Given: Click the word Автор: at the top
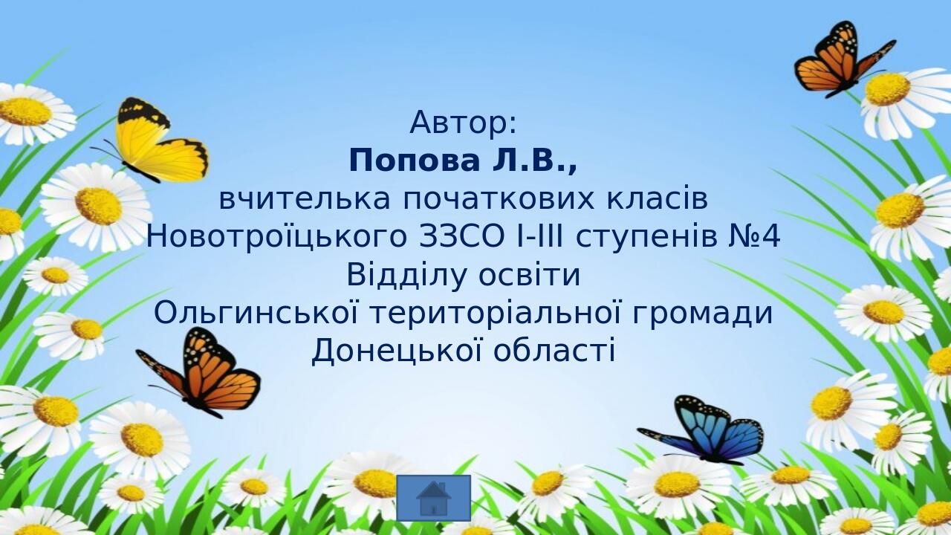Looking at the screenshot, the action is [x=463, y=123].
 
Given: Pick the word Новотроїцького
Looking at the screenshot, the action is [x=276, y=237].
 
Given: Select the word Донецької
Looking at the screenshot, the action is [x=397, y=351].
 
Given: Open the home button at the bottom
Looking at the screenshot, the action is [x=433, y=498].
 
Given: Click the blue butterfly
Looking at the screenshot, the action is [x=705, y=431].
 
